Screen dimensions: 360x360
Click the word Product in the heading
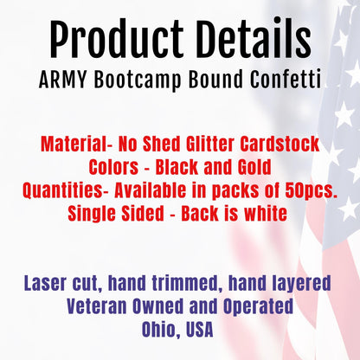coord(102,39)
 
